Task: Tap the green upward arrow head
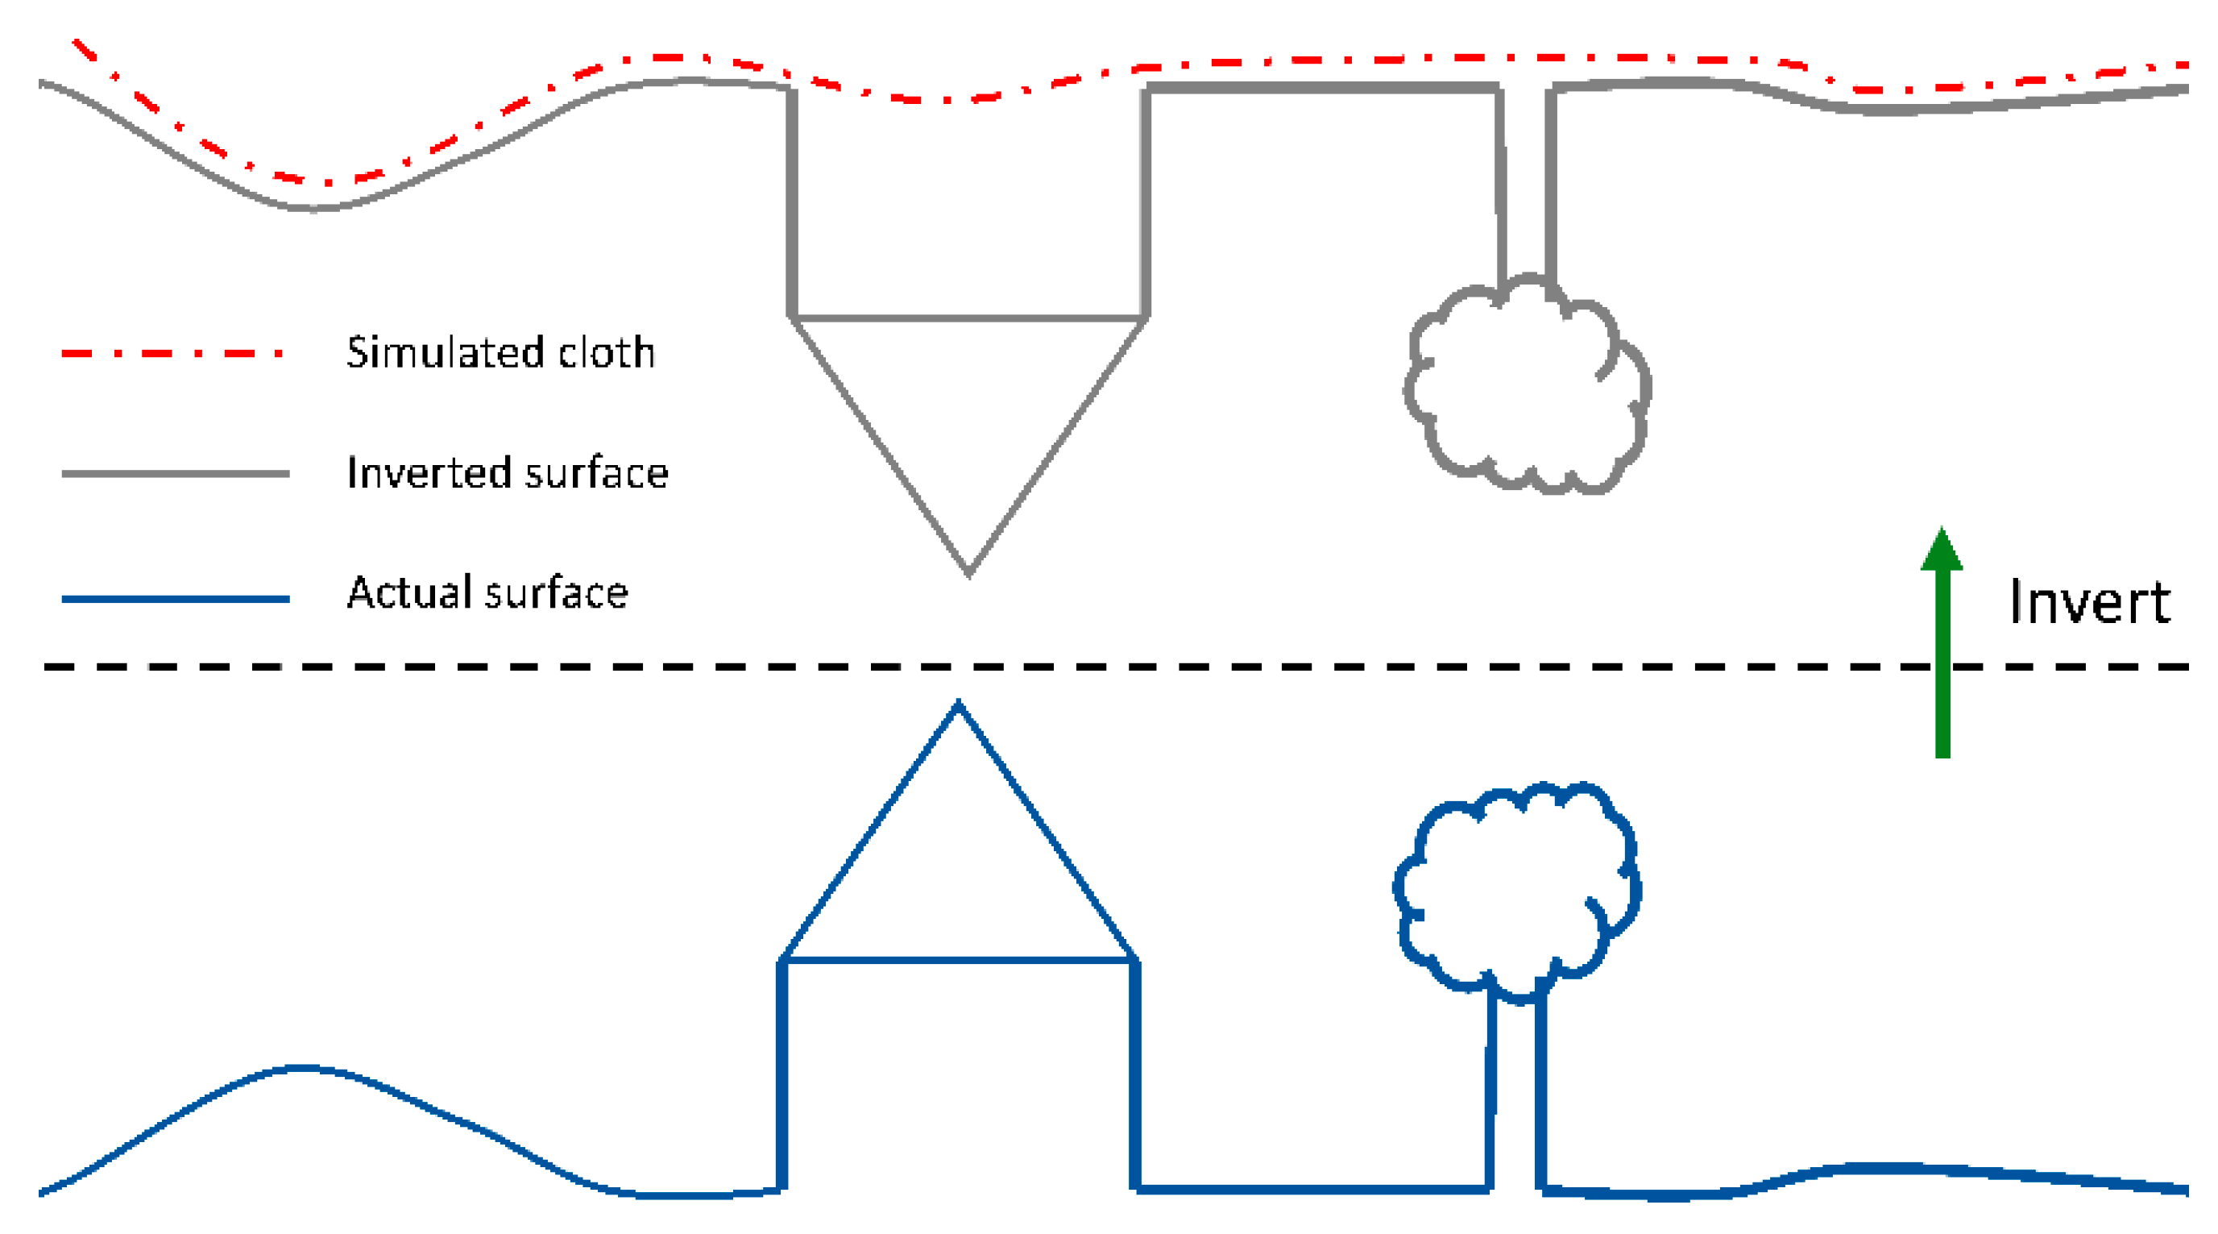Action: (1942, 551)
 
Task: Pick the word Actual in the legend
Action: (411, 592)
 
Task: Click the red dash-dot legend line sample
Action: (172, 353)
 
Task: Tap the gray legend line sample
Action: (175, 473)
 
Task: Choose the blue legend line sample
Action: (175, 599)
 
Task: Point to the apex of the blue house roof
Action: (958, 705)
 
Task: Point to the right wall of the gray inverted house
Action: (1145, 202)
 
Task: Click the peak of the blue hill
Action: (301, 1068)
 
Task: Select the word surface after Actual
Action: (557, 592)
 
